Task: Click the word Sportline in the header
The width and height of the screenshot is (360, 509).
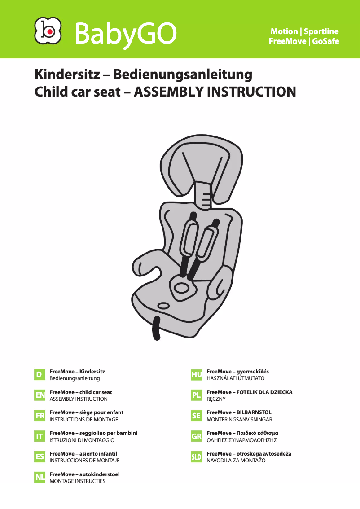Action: coord(321,31)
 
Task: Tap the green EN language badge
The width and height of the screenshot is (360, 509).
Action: coord(40,395)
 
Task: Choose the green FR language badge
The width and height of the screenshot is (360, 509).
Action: coord(40,416)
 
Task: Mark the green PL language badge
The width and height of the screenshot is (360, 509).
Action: coord(196,395)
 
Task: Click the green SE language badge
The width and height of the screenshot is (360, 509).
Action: coord(196,416)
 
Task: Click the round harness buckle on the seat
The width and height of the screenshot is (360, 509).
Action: coord(182,287)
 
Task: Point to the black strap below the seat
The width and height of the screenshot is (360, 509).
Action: coord(156,329)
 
